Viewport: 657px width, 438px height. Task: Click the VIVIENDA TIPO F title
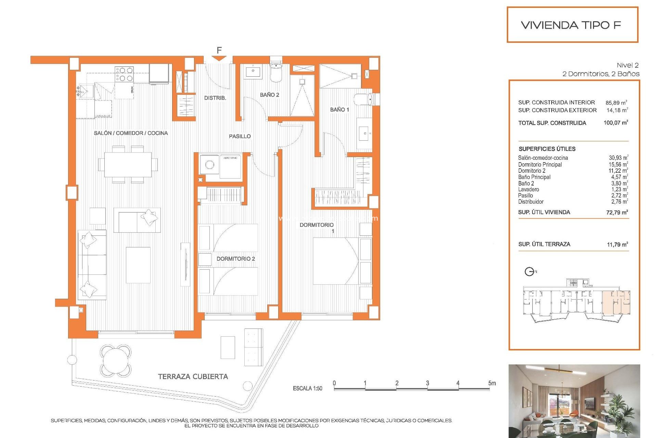(x=571, y=25)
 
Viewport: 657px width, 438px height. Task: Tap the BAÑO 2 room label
(x=269, y=95)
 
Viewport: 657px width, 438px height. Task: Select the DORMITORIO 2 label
(x=235, y=259)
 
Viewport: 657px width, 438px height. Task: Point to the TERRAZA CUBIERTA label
(x=193, y=376)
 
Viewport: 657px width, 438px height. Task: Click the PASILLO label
(x=240, y=136)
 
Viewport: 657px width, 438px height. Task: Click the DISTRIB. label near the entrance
(x=215, y=98)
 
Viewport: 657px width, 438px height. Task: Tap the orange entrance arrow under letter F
(x=219, y=59)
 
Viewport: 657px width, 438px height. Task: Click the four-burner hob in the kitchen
(x=124, y=74)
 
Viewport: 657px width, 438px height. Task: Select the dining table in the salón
(x=128, y=165)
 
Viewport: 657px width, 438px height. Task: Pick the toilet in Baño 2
(x=276, y=73)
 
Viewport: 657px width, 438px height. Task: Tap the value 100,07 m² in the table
(x=616, y=123)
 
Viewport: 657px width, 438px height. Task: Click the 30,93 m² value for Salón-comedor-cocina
(x=618, y=158)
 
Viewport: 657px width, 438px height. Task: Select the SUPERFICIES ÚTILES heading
(x=547, y=149)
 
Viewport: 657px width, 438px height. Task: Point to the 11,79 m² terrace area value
(x=617, y=244)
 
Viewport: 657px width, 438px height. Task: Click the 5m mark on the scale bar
(x=492, y=383)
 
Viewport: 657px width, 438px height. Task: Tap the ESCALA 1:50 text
(x=307, y=388)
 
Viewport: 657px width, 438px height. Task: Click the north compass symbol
(x=529, y=272)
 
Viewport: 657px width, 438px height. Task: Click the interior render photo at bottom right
(x=574, y=401)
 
